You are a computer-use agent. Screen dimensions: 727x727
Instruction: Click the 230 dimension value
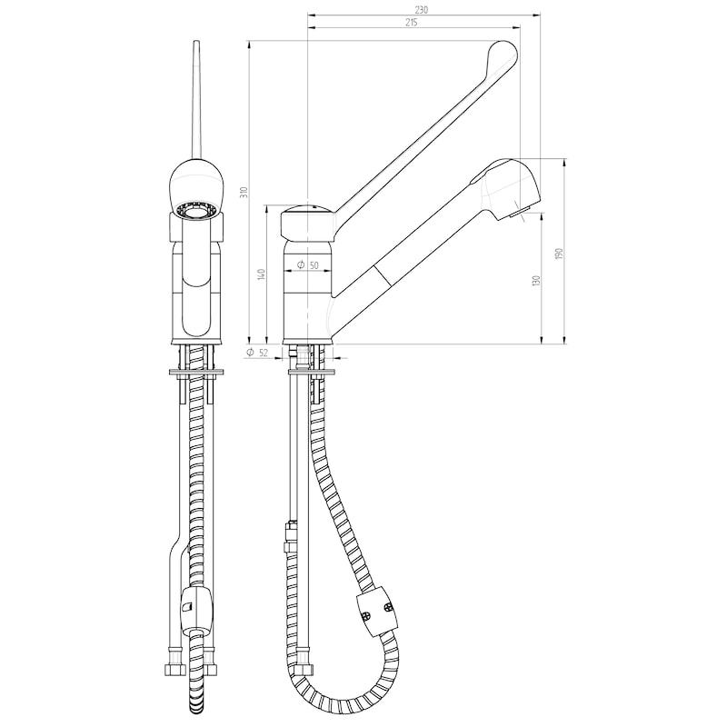click(x=421, y=10)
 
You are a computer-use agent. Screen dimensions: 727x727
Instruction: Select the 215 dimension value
click(x=412, y=23)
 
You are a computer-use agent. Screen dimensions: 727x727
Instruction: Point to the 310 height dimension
click(x=245, y=191)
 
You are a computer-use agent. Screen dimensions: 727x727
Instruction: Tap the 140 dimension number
click(x=262, y=274)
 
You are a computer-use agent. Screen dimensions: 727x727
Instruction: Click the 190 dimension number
click(x=559, y=254)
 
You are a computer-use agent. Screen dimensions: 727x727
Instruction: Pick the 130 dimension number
click(x=537, y=280)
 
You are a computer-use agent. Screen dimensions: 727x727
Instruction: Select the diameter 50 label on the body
click(x=308, y=265)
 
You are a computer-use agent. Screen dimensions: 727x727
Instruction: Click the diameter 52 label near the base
click(x=257, y=353)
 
